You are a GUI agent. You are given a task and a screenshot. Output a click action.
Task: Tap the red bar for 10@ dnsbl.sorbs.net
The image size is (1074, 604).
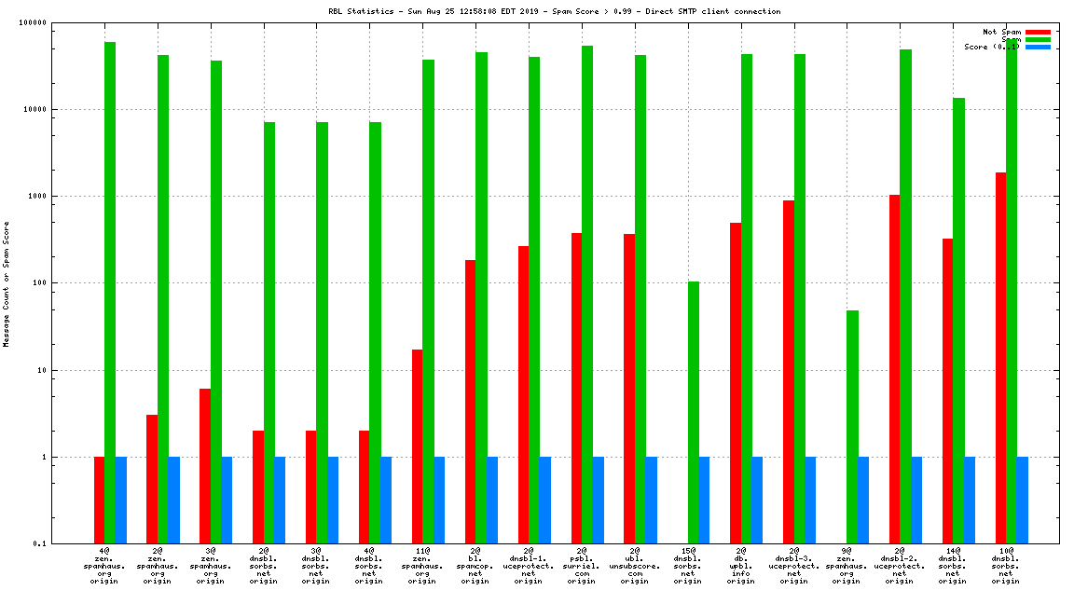point(1000,358)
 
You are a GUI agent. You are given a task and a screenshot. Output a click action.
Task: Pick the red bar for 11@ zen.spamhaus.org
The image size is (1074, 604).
point(418,446)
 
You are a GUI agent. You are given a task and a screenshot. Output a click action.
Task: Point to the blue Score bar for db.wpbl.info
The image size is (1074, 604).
point(757,500)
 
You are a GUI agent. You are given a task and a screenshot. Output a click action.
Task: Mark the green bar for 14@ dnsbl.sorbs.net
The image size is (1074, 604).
point(958,321)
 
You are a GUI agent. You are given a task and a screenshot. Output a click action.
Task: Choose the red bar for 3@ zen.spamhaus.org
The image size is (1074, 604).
point(205,466)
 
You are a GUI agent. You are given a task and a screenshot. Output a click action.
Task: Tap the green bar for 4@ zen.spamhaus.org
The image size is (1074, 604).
point(110,293)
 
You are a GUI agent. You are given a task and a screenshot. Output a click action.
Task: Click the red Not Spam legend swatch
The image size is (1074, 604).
point(1038,32)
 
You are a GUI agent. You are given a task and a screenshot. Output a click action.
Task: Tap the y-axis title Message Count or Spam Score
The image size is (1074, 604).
point(7,283)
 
